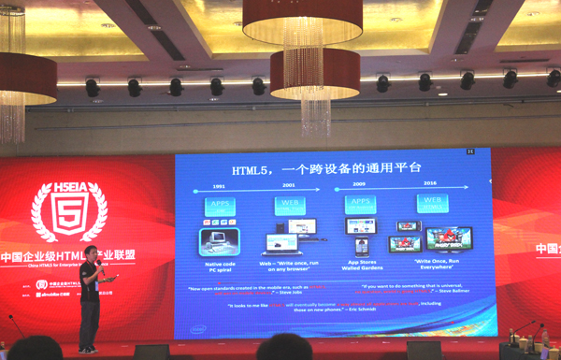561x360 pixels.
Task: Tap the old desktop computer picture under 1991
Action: (219, 240)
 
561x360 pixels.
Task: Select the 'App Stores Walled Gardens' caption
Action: (361, 266)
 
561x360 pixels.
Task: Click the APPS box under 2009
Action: (361, 204)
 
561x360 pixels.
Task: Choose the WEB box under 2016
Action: (432, 203)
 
